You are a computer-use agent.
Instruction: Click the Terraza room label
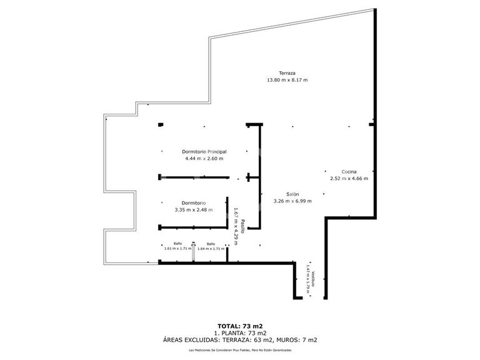pos(287,73)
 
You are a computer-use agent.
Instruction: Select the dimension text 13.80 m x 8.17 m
pos(287,80)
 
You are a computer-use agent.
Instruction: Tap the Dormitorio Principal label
pos(204,152)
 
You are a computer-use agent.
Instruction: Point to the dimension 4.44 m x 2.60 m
pos(204,159)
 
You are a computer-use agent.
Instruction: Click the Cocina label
pos(349,172)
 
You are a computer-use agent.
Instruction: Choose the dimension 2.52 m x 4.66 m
pos(349,179)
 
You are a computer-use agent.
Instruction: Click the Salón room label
pos(292,194)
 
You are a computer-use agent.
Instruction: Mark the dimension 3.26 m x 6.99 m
pos(292,201)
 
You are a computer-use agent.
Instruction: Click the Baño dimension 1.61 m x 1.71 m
pos(177,249)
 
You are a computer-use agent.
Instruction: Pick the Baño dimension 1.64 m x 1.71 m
pos(211,249)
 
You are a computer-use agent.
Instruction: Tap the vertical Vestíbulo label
pos(313,278)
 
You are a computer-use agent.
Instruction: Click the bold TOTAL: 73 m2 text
pos(239,326)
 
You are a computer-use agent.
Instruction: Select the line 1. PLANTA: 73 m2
pos(239,332)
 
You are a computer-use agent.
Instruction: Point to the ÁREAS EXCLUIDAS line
pos(239,340)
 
